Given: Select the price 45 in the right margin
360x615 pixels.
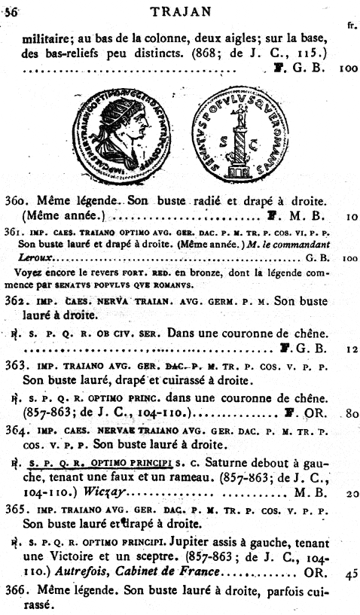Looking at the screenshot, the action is tap(348, 573).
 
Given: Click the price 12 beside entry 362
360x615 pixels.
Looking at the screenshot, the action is tap(348, 349).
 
